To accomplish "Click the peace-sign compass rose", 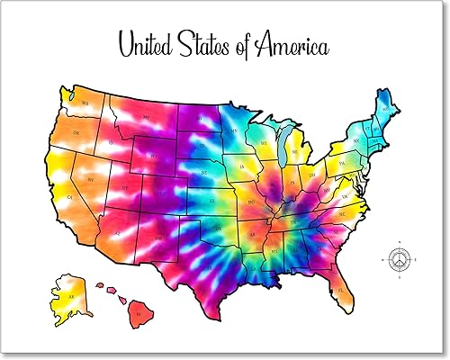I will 399,260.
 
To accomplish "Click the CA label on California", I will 66,196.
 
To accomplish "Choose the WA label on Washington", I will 85,104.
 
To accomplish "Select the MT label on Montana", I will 143,117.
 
